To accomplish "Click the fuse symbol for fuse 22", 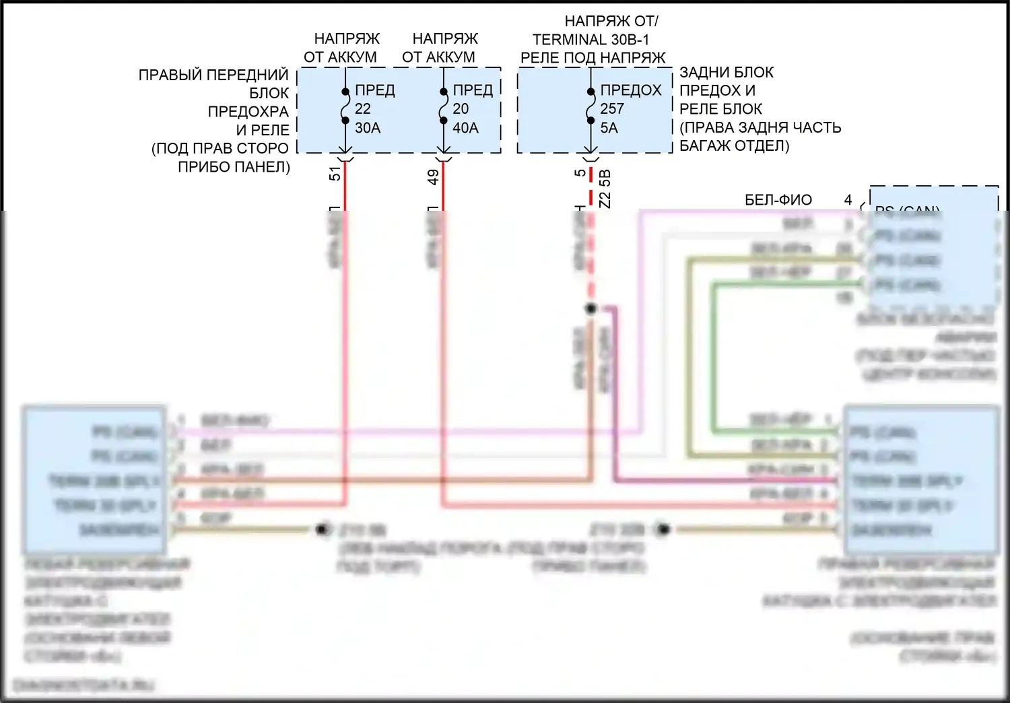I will click(345, 106).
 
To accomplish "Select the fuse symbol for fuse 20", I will click(443, 106).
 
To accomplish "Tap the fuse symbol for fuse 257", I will click(590, 106).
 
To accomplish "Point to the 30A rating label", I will click(368, 127).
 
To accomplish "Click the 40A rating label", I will click(465, 127).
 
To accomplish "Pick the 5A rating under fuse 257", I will click(609, 127).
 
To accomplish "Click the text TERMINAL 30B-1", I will click(591, 40).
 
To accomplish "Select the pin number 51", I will click(335, 173).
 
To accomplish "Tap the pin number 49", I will click(434, 176).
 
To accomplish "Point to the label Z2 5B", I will click(605, 188).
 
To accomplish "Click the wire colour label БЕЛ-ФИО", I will click(778, 200).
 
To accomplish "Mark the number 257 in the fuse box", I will click(612, 108).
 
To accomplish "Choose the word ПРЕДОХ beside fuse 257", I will click(631, 90).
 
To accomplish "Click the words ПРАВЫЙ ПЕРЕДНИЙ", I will click(213, 75).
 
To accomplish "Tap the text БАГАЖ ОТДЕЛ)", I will click(734, 145).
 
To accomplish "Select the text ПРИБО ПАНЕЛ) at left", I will click(234, 166).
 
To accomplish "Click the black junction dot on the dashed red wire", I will click(591, 308).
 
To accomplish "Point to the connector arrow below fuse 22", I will click(345, 158).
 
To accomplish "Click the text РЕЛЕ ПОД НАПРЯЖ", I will click(593, 58).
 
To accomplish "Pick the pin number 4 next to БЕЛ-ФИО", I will click(848, 200).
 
